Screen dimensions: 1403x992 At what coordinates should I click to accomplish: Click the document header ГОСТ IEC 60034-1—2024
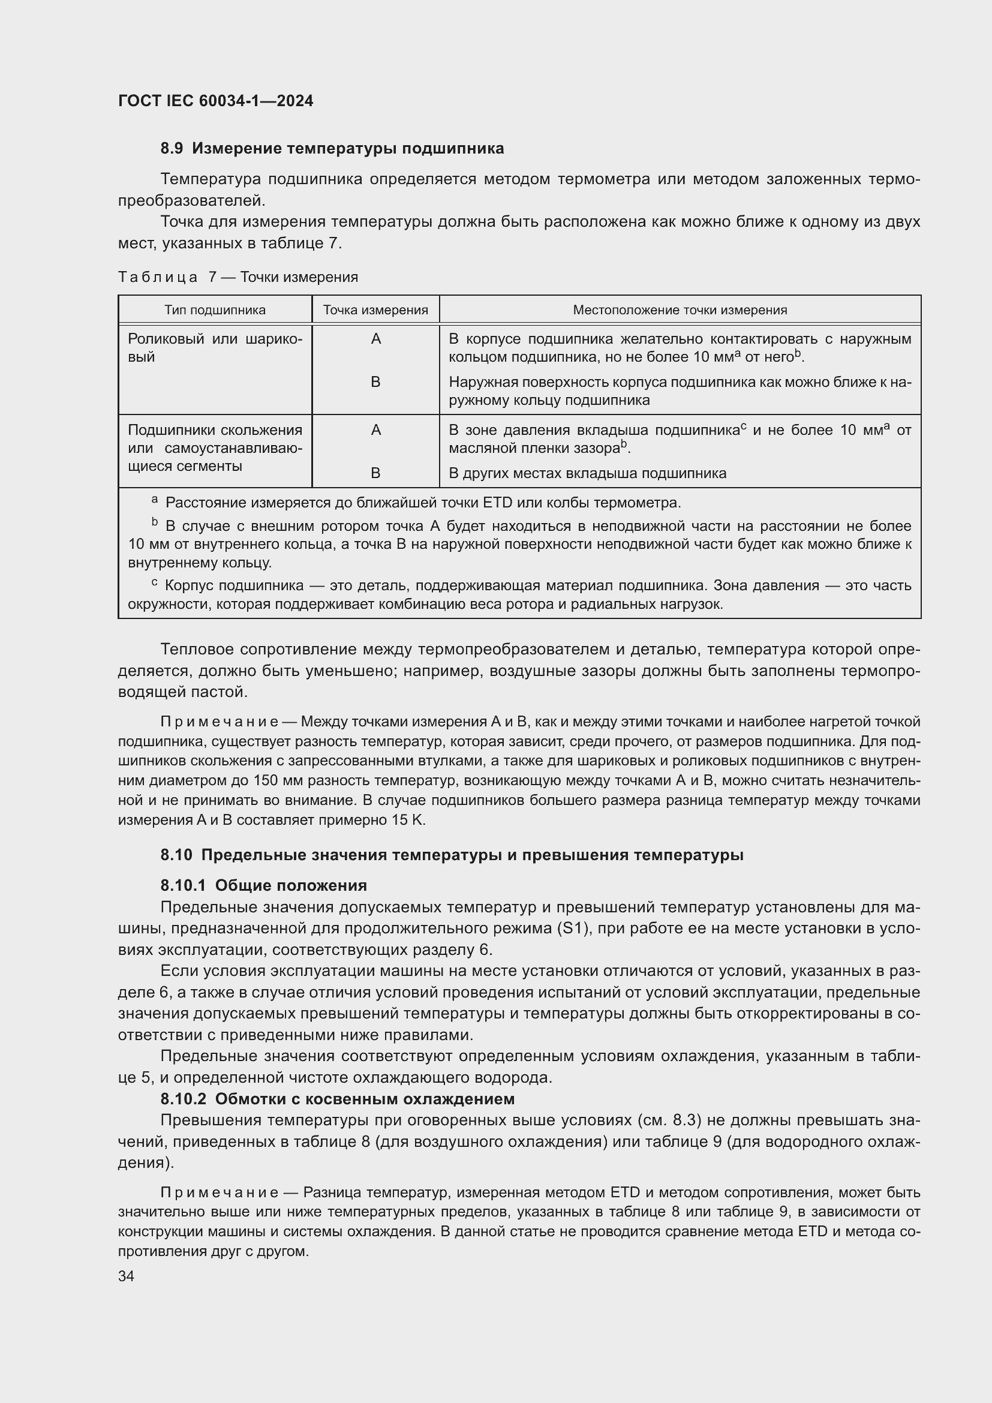(x=216, y=101)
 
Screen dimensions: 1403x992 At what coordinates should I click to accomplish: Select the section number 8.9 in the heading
(x=172, y=149)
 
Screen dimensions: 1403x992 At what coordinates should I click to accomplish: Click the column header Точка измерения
(x=375, y=310)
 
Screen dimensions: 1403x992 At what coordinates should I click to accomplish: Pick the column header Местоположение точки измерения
(x=680, y=310)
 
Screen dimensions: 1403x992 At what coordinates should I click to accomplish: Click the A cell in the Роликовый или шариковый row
(x=375, y=339)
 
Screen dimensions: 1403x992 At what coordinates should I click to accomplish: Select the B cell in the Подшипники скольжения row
(x=375, y=473)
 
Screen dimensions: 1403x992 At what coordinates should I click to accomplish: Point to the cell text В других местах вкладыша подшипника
(x=587, y=473)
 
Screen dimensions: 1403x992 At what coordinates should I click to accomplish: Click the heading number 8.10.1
(x=184, y=885)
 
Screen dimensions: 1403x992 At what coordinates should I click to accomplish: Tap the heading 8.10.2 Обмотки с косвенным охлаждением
(x=337, y=1099)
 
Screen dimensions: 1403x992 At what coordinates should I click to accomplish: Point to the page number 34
(x=126, y=1276)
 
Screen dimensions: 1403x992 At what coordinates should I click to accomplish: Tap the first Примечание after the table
(x=220, y=722)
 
